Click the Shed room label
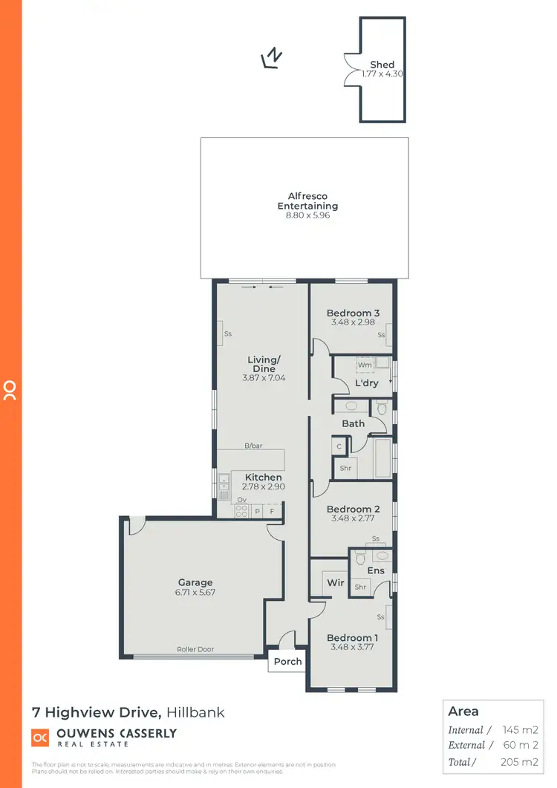(x=382, y=65)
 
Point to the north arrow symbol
(x=273, y=58)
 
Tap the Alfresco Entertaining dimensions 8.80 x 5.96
(x=307, y=215)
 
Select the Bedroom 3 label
(x=353, y=313)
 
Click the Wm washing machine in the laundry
(x=364, y=365)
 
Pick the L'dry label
(x=367, y=383)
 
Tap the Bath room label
(x=353, y=423)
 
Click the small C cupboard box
(x=339, y=446)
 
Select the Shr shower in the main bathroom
(x=345, y=469)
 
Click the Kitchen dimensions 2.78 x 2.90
(x=264, y=486)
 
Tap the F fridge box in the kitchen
(x=273, y=512)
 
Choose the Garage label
(x=195, y=582)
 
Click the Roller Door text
(x=195, y=649)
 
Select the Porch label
(x=287, y=661)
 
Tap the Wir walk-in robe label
(x=336, y=583)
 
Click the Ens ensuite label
(x=376, y=570)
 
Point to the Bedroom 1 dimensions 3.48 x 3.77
(x=353, y=648)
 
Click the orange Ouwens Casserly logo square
(x=40, y=737)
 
